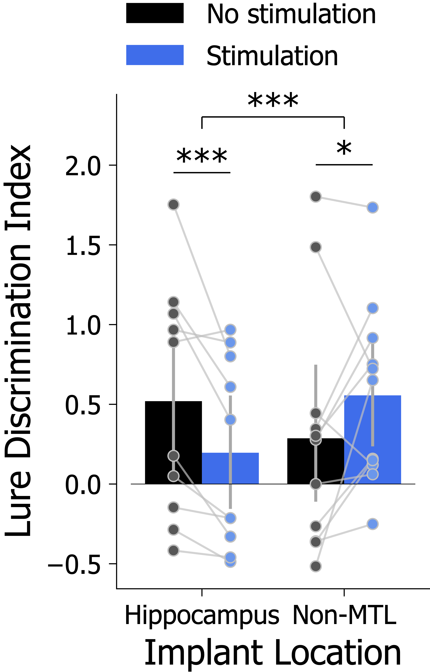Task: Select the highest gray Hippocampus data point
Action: click(x=173, y=204)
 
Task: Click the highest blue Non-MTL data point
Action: click(x=372, y=207)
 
